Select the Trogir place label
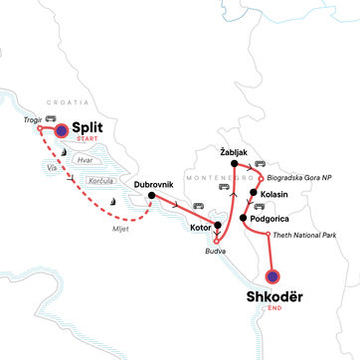[29, 118]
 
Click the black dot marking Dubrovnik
[151, 195]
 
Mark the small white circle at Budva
[217, 240]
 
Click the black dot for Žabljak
[235, 163]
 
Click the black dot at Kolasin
[255, 193]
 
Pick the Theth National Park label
[308, 235]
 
